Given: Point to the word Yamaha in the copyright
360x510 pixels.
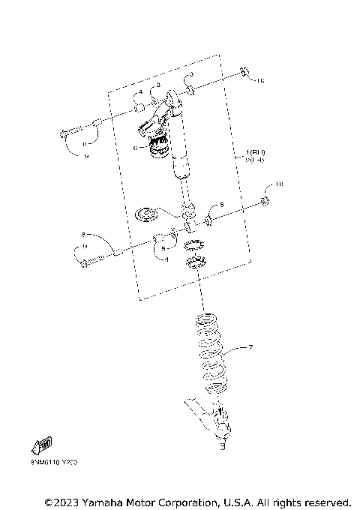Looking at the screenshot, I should pyautogui.click(x=108, y=501).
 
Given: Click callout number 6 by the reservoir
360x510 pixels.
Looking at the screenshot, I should pyautogui.click(x=135, y=148).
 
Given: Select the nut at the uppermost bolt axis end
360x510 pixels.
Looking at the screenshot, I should pyautogui.click(x=245, y=73).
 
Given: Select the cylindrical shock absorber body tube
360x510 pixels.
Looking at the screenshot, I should pyautogui.click(x=182, y=161).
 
